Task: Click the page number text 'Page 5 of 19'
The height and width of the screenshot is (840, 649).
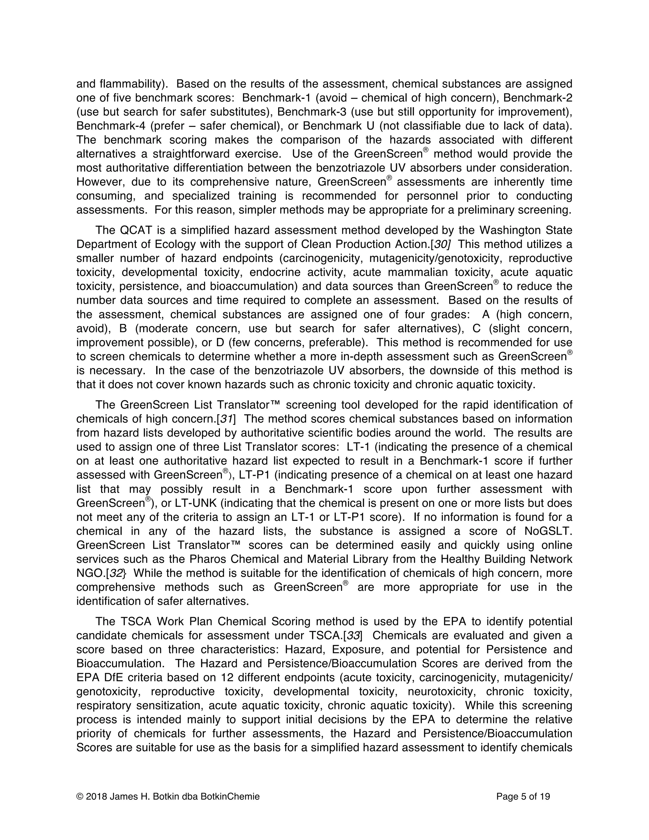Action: tap(523, 797)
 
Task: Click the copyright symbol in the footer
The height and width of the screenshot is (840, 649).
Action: tap(80, 797)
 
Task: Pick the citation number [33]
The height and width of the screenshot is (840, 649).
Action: tap(353, 635)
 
